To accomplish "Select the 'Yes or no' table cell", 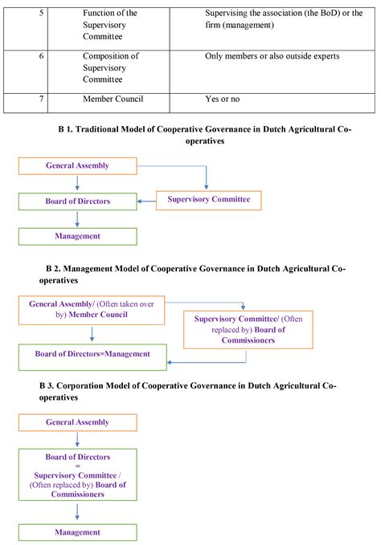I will point(226,99).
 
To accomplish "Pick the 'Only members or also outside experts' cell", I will point(272,55).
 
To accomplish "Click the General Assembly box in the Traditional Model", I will point(77,166).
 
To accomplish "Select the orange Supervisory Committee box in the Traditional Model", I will point(208,198).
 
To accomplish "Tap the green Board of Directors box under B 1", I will point(77,201).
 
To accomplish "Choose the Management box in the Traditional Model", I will point(77,237).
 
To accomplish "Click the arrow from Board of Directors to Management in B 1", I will point(77,219).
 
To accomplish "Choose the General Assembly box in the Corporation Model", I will point(77,422).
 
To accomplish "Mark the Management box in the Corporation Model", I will point(77,532).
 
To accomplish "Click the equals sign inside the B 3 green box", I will point(77,466).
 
